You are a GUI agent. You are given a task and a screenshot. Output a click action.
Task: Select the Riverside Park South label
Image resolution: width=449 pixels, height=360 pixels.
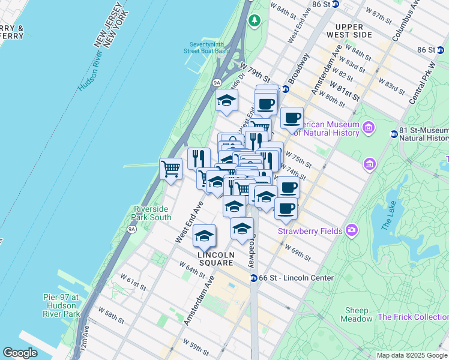pyautogui.click(x=152, y=213)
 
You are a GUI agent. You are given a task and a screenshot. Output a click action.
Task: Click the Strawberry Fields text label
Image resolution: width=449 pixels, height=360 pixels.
pyautogui.click(x=310, y=231)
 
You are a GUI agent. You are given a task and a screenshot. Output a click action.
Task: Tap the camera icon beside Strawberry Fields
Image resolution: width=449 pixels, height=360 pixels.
pyautogui.click(x=352, y=230)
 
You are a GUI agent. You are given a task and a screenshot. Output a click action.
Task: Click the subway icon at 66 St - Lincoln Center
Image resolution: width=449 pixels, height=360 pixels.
pyautogui.click(x=255, y=278)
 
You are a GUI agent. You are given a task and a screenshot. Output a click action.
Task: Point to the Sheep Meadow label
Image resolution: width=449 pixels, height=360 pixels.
pyautogui.click(x=358, y=314)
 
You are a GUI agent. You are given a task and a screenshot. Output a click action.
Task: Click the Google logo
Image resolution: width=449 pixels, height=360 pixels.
pyautogui.click(x=20, y=353)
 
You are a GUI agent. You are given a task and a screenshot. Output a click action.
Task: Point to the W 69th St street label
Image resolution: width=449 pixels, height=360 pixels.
pyautogui.click(x=298, y=253)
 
